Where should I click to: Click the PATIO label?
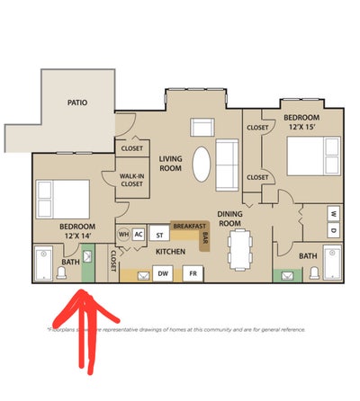click(77, 103)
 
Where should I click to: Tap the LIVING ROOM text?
click(171, 163)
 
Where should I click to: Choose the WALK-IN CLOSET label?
click(130, 181)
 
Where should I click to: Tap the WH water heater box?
click(123, 234)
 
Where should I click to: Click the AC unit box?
click(138, 234)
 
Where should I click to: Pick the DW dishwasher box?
click(164, 272)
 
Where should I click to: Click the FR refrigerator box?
click(192, 272)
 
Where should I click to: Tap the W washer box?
click(333, 213)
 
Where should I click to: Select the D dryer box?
click(333, 228)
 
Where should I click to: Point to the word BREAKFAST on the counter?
click(189, 226)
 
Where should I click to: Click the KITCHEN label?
click(170, 253)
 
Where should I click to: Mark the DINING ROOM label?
click(231, 218)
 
